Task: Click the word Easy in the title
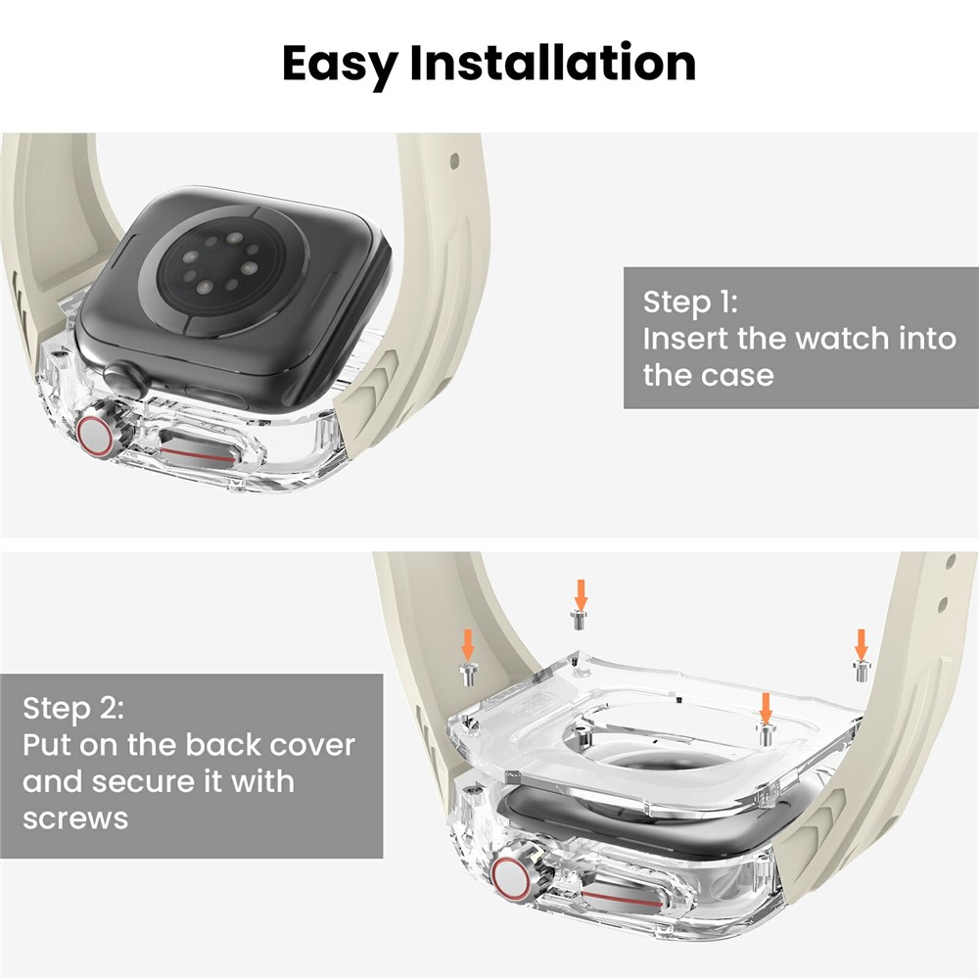(x=340, y=65)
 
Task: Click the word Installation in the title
(x=552, y=63)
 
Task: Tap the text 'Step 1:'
(x=690, y=302)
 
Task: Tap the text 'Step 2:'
(x=73, y=708)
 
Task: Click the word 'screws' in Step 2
(x=75, y=818)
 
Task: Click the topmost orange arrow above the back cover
(x=581, y=595)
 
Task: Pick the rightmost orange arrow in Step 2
(x=861, y=644)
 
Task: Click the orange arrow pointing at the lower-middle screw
(x=766, y=708)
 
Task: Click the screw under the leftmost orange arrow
(x=468, y=675)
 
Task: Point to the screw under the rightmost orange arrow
(x=862, y=671)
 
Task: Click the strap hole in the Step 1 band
(x=454, y=162)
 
